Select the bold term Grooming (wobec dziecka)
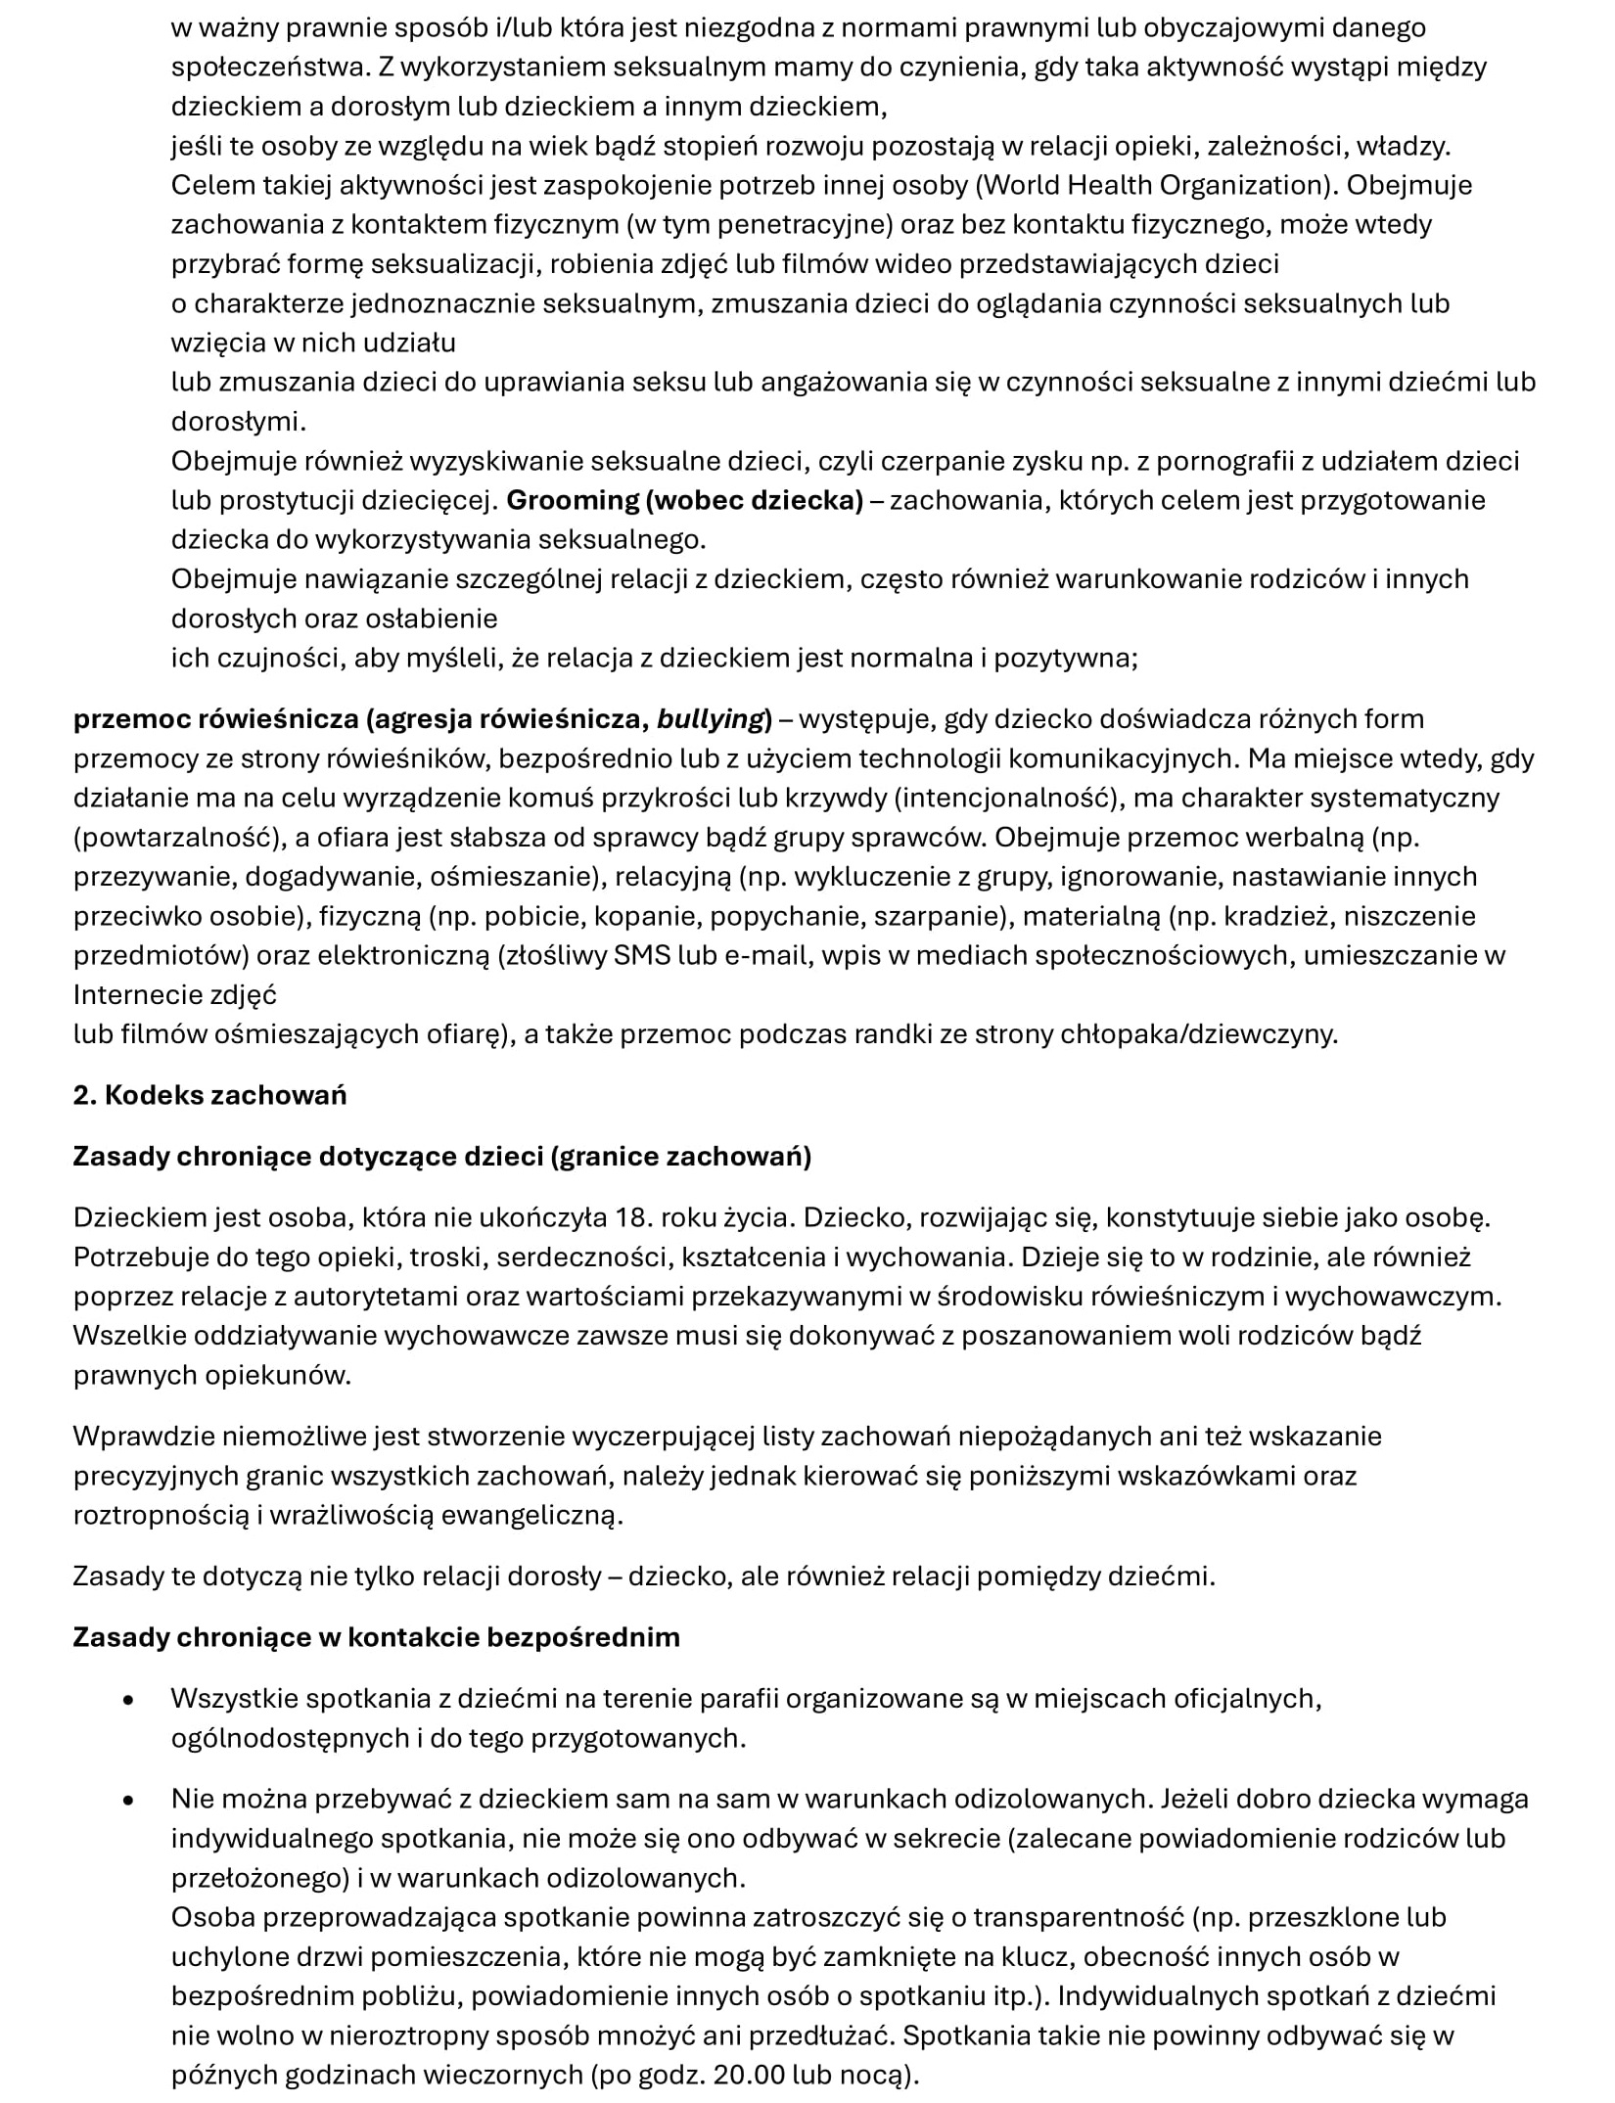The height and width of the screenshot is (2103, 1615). point(684,500)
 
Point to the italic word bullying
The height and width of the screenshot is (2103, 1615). point(710,719)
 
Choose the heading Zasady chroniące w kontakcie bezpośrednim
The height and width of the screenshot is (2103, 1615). point(376,1637)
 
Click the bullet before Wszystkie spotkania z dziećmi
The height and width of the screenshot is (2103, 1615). point(127,1701)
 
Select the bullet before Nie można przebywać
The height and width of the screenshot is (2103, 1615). point(127,1801)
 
